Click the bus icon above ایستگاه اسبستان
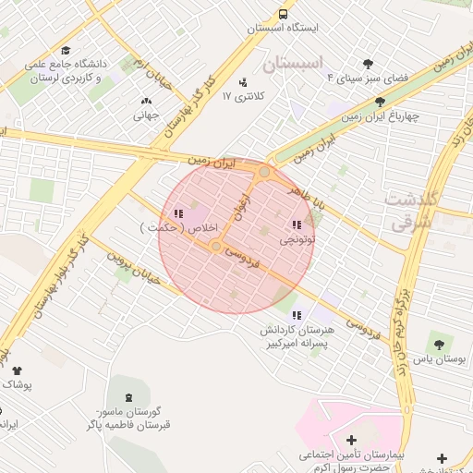283,14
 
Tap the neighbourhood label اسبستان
295,64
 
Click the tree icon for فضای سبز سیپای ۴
368,64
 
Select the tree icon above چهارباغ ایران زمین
380,103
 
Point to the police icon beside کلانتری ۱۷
243,82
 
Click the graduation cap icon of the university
66,50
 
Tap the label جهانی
147,116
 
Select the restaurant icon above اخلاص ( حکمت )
176,213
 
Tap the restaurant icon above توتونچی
297,224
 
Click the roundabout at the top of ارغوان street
265,172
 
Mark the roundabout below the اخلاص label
216,247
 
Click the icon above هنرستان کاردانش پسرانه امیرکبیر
295,315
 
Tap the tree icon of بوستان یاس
439,339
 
